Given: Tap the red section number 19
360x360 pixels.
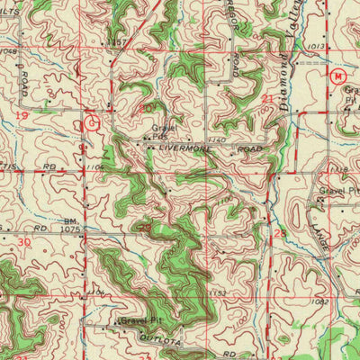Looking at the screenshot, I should point(22,117).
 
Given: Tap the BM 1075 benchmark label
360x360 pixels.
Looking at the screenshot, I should point(71,225).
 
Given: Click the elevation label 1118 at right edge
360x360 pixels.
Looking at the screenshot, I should point(338,169).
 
